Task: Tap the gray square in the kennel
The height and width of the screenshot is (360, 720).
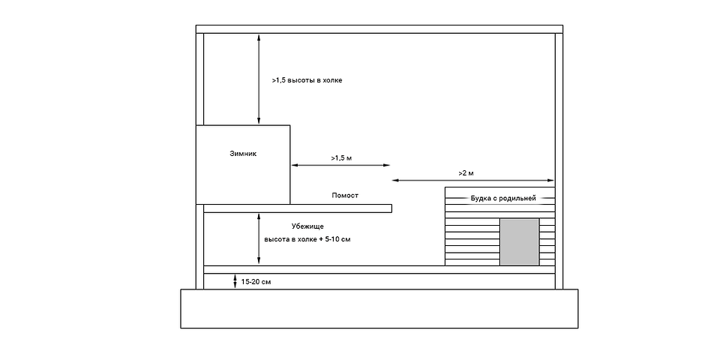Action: click(x=520, y=241)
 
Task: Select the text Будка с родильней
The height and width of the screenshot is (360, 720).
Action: click(x=502, y=199)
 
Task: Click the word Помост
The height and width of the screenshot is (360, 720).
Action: click(x=345, y=196)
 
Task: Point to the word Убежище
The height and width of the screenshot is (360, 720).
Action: click(x=307, y=226)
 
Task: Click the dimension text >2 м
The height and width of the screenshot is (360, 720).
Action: click(x=466, y=173)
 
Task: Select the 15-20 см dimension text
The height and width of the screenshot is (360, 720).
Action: click(x=256, y=282)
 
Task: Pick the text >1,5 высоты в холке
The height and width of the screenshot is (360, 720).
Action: click(x=307, y=79)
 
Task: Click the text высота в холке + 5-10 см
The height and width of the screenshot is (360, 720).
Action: click(x=307, y=239)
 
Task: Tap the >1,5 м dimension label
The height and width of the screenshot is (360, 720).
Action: click(x=341, y=158)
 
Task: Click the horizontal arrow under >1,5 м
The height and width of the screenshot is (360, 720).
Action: click(x=340, y=165)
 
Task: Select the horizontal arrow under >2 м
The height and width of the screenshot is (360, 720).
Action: click(x=473, y=181)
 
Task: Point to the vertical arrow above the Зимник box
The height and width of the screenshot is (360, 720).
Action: click(x=259, y=79)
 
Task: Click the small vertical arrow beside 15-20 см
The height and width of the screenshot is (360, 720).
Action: click(x=235, y=281)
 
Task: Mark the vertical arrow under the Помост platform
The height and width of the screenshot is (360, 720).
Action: click(x=259, y=238)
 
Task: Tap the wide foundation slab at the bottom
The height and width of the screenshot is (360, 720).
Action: click(x=379, y=309)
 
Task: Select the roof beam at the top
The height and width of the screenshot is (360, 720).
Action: click(x=379, y=28)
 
